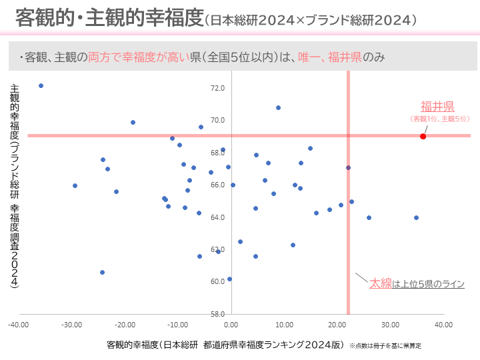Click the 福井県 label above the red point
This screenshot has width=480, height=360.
437,107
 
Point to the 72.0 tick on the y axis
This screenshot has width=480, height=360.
218,88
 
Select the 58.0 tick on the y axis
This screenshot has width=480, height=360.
218,314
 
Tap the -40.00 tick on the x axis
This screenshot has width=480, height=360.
18,325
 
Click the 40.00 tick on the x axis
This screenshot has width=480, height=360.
443,325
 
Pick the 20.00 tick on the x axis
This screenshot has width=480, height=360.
337,325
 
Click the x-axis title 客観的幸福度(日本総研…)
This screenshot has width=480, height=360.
225,345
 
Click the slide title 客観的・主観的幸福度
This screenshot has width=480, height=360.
109,18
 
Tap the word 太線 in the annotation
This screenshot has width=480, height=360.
381,283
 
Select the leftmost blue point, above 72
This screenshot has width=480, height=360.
41,86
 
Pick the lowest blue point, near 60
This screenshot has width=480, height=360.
229,279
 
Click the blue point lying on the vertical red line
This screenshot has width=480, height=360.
348,167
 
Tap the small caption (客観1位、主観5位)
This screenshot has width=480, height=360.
440,119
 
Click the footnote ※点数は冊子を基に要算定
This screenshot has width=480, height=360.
385,346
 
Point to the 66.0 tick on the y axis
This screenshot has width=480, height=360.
218,185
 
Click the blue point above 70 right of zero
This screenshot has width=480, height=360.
278,107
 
